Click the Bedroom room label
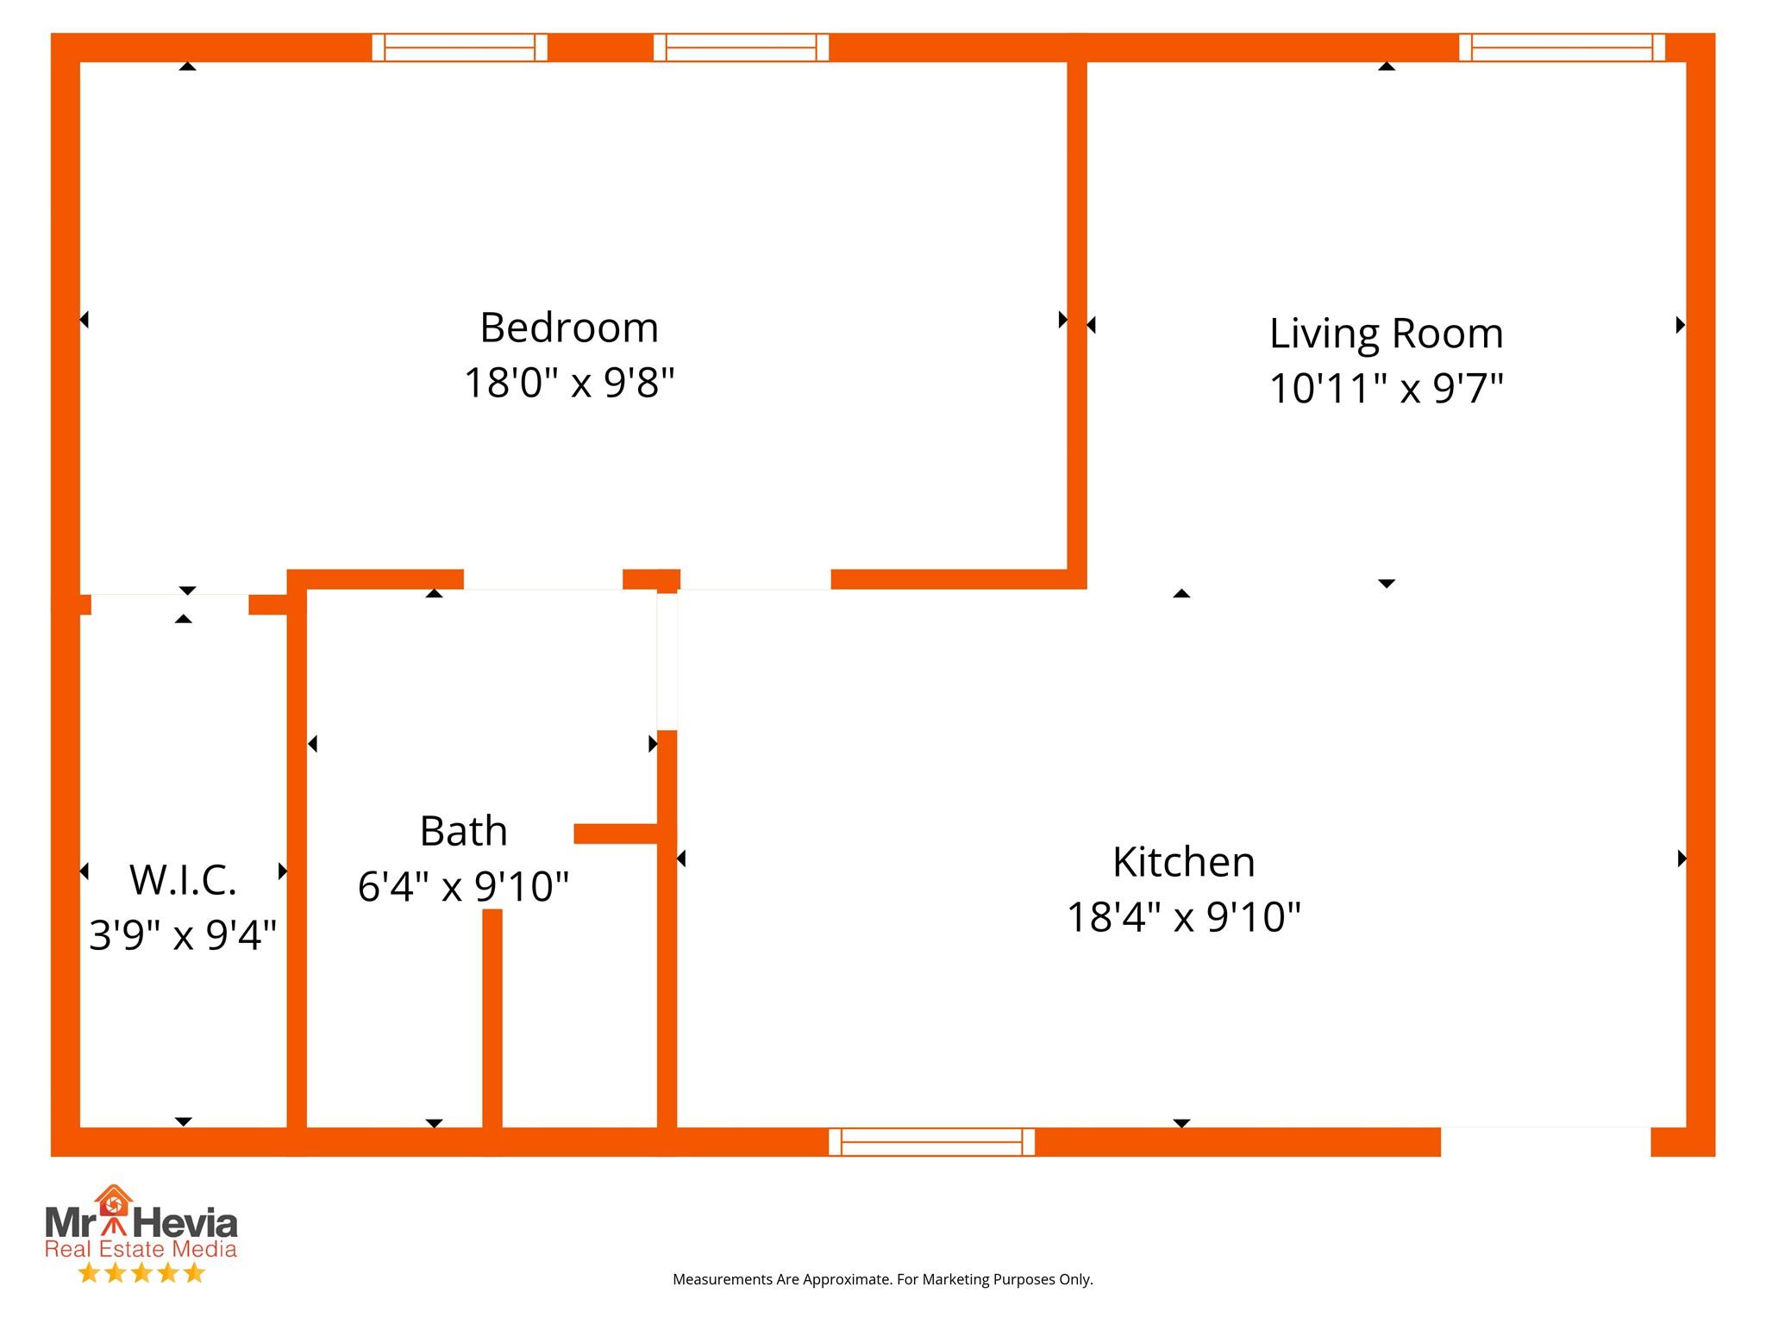[569, 328]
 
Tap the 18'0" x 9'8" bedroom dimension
[569, 382]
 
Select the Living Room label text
[1387, 334]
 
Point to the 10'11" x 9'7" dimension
[1387, 388]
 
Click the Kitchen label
[1183, 862]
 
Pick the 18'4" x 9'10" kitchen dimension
[1183, 916]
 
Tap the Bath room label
[463, 831]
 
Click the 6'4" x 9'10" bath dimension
[463, 885]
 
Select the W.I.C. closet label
[183, 879]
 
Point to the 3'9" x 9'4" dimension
[183, 934]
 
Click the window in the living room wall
[1562, 47]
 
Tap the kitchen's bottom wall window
[931, 1141]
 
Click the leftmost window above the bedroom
[460, 47]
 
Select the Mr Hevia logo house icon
[115, 1206]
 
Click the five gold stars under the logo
[141, 1273]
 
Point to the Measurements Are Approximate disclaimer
[882, 1280]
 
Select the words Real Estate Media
[141, 1249]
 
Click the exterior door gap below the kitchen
[1545, 1141]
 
